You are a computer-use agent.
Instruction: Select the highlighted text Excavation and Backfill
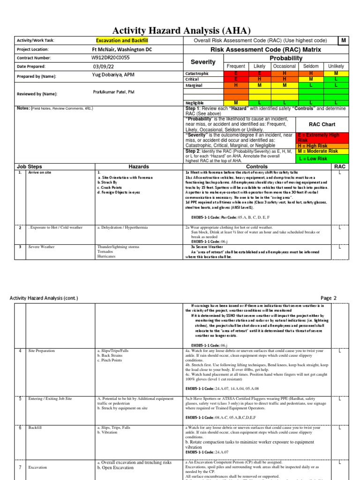(x=122, y=41)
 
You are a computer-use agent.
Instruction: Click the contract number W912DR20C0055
(x=111, y=58)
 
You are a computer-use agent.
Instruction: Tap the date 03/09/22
(x=104, y=67)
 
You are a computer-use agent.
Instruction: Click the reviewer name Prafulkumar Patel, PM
(x=114, y=92)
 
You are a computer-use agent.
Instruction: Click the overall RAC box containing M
(x=343, y=41)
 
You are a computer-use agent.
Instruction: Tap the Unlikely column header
(x=336, y=67)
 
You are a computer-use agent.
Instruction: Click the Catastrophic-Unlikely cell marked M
(x=336, y=74)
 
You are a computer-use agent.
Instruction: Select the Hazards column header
(x=139, y=166)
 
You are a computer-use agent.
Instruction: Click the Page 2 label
(x=329, y=298)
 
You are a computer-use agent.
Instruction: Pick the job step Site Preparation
(x=42, y=351)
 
